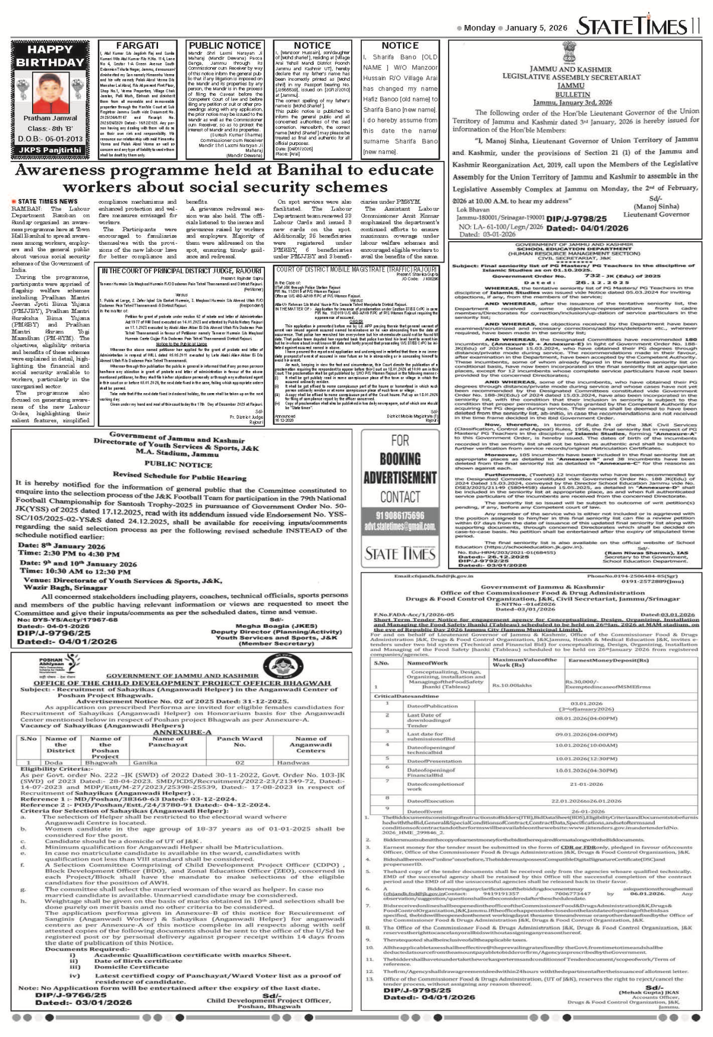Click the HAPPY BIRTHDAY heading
[50, 56]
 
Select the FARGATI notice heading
[137, 45]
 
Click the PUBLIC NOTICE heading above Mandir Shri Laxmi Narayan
[225, 45]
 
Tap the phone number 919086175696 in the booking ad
[400, 515]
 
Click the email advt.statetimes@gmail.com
[400, 526]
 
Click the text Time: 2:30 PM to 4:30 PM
[70, 554]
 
